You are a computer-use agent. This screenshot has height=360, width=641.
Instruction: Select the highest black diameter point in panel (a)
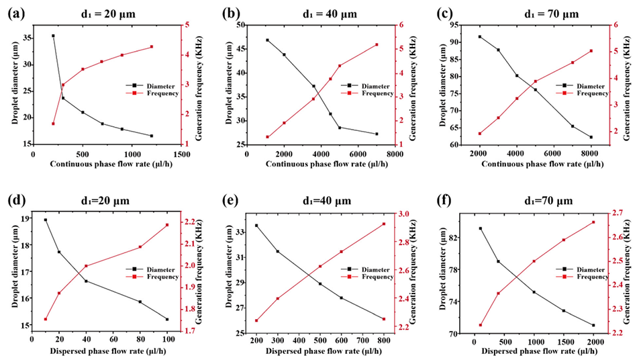point(53,36)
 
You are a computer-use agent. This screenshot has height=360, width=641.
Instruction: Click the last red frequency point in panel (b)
point(377,45)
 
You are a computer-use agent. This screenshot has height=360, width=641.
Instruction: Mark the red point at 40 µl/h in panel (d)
point(86,266)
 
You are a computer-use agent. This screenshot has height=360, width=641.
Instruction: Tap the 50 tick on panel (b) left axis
point(240,25)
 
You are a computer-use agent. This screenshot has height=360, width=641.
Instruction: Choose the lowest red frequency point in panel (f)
point(480,325)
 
